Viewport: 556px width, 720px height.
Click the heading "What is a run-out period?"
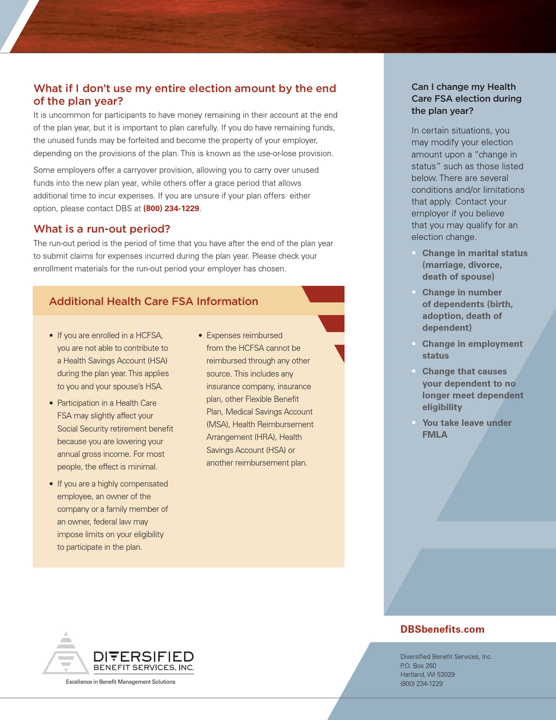coord(102,229)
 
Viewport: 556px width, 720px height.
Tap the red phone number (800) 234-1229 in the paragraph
coord(171,209)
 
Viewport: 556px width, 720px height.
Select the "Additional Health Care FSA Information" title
coord(153,302)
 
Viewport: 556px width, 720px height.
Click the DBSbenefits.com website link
coord(442,629)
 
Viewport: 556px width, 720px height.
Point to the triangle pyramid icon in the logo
coord(66,654)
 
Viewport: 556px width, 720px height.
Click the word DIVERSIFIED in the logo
coord(143,657)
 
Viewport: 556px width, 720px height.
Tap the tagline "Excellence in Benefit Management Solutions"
coord(120,682)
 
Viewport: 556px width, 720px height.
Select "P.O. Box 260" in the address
coord(418,666)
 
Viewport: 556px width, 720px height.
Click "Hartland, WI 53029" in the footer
coord(427,675)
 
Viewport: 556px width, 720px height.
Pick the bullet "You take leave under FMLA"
coord(467,429)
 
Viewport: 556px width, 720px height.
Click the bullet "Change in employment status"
coord(472,350)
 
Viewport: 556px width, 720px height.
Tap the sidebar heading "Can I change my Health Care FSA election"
coord(466,99)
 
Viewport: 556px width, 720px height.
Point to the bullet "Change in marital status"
coord(474,253)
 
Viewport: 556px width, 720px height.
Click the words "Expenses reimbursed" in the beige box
coord(244,336)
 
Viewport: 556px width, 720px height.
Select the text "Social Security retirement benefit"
coord(115,429)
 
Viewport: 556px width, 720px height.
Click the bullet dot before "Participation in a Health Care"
coord(51,403)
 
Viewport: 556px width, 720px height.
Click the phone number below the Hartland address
coord(421,684)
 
